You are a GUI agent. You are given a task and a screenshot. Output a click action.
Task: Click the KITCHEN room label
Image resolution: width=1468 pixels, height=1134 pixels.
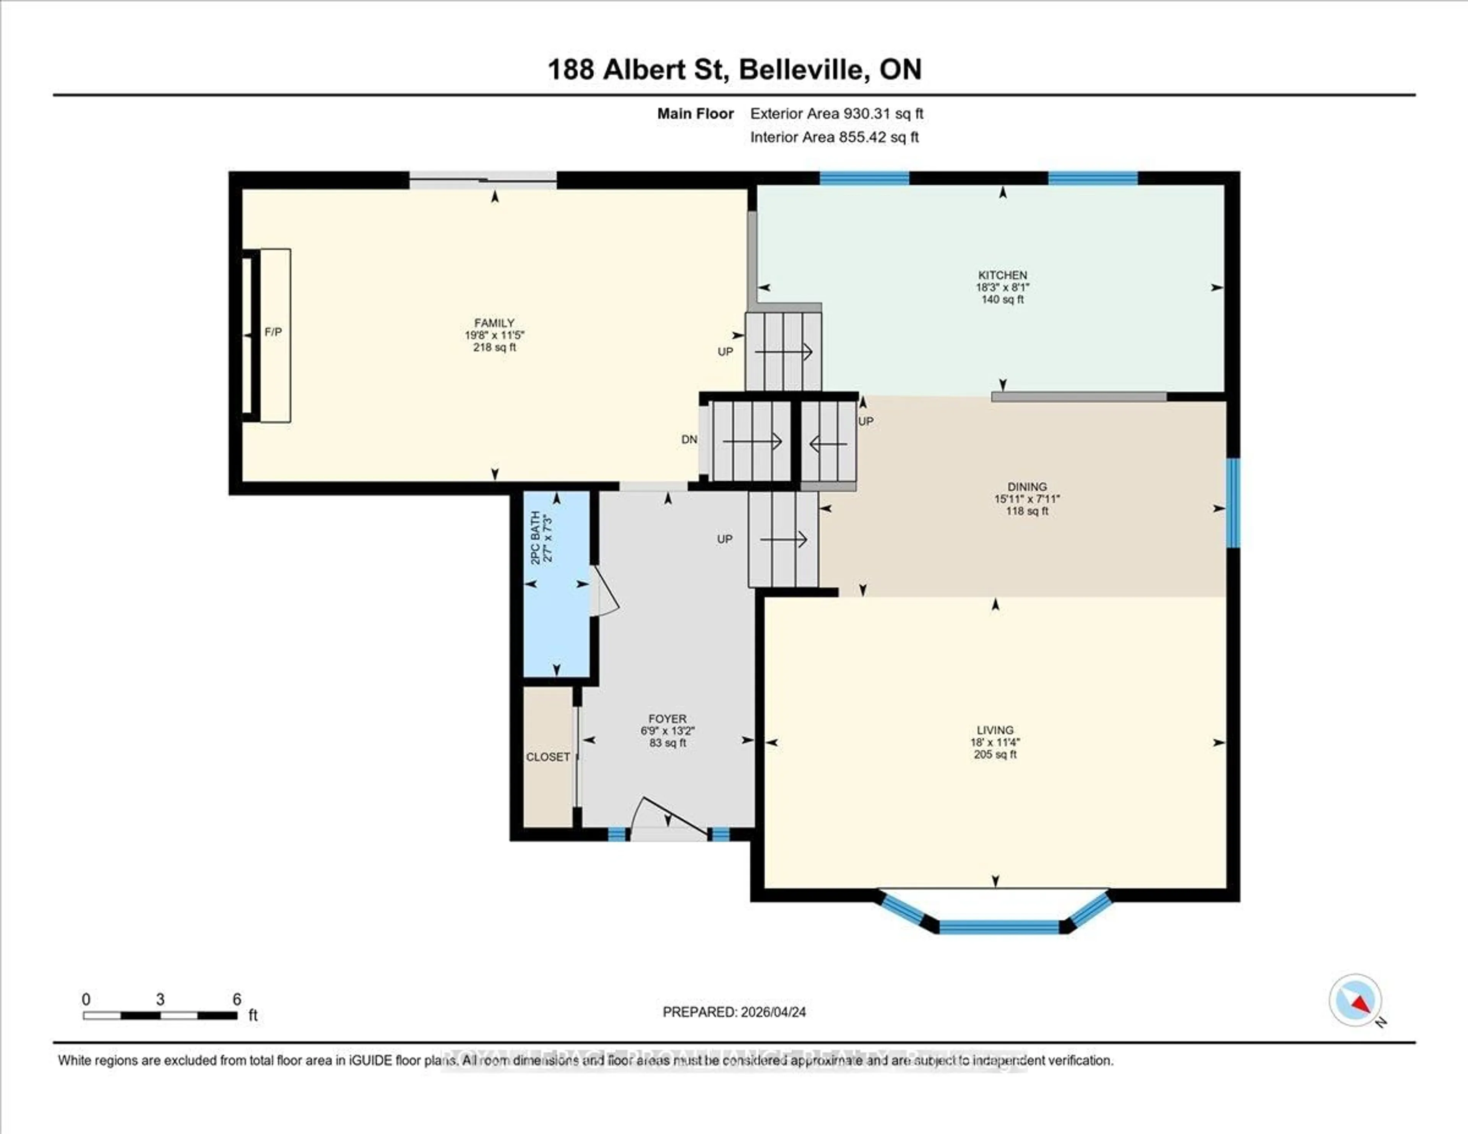1002,275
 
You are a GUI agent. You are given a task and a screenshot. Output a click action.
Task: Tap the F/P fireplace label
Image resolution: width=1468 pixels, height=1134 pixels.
273,332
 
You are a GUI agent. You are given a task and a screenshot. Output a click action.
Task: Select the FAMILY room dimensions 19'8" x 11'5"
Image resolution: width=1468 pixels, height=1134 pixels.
494,335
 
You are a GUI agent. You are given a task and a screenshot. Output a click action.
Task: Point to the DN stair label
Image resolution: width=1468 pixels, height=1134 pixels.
689,440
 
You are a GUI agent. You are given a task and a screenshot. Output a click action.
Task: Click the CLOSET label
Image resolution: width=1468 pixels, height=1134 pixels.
548,757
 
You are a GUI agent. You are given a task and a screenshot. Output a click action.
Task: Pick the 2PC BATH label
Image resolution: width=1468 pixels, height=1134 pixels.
536,538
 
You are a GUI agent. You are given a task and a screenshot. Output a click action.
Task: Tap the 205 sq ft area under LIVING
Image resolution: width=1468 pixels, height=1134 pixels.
995,754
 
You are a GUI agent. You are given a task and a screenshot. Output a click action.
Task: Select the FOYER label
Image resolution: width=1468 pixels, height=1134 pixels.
667,718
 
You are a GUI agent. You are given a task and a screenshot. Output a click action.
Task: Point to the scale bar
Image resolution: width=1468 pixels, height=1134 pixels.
160,1015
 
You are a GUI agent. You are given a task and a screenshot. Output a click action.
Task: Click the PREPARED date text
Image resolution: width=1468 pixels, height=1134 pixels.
734,1012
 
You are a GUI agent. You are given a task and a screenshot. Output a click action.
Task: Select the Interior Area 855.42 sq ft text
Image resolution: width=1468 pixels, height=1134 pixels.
834,137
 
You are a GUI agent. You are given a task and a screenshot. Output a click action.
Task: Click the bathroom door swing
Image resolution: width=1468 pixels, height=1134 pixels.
605,591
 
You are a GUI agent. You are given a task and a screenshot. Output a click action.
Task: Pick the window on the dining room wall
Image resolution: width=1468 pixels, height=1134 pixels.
1233,503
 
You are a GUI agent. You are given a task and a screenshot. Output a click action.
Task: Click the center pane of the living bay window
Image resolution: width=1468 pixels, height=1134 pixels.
999,927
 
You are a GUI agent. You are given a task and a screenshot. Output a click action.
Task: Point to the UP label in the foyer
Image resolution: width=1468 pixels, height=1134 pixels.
724,539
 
